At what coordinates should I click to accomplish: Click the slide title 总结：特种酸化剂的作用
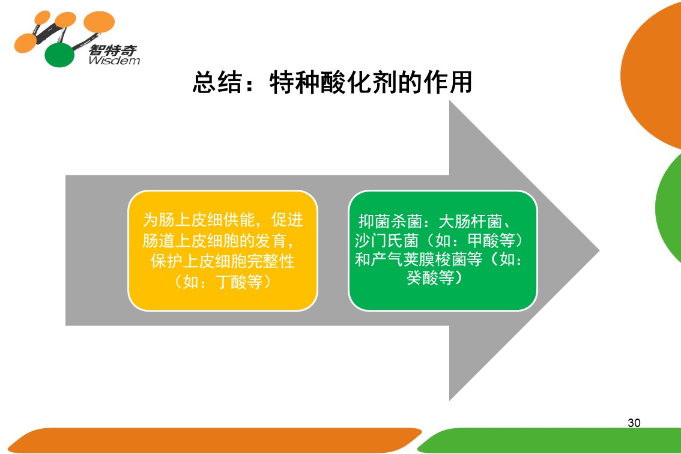click(332, 82)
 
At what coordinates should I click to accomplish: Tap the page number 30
click(634, 423)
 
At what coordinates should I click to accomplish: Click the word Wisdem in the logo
click(114, 61)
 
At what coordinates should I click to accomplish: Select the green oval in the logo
click(59, 55)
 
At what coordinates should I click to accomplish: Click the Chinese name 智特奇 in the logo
click(113, 50)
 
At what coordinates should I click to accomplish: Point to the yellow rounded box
click(223, 250)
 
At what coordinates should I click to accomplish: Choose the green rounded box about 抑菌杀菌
click(443, 250)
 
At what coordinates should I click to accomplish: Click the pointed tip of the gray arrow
click(599, 250)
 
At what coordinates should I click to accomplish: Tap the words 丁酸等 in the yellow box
click(239, 282)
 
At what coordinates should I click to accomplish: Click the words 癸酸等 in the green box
click(431, 277)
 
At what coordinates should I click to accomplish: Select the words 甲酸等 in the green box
click(491, 240)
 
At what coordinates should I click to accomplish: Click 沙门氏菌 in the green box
click(387, 240)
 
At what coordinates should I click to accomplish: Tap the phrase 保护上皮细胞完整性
click(222, 261)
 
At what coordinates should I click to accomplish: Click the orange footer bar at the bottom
click(215, 440)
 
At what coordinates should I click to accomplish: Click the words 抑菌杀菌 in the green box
click(390, 222)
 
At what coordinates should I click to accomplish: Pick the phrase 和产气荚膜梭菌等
click(419, 259)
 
